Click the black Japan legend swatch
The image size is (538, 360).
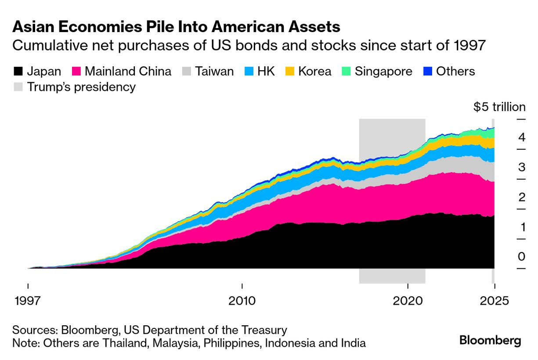pos(18,72)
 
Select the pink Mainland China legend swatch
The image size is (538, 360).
pos(76,72)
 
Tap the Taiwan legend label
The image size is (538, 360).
pos(214,72)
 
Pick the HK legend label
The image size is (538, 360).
pos(266,72)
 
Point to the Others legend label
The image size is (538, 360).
pos(455,72)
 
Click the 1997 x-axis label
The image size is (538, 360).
pos(28,301)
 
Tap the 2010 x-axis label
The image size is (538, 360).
pos(242,301)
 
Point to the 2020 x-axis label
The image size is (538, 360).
pos(408,301)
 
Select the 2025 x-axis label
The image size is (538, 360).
pos(495,301)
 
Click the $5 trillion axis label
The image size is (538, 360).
pos(499,107)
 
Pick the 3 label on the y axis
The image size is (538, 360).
pos(521,167)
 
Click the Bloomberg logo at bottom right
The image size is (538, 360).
pos(490,340)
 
